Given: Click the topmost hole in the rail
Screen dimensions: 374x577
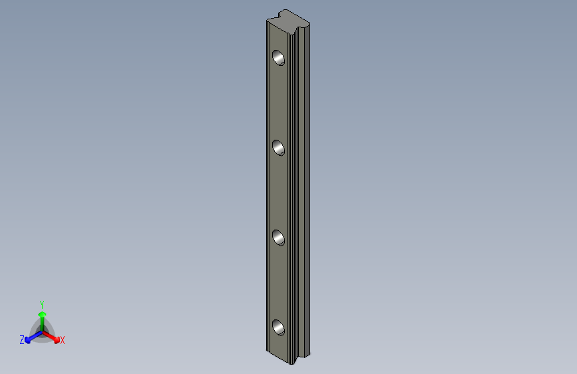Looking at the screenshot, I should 279,58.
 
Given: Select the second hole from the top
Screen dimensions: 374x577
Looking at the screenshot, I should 279,147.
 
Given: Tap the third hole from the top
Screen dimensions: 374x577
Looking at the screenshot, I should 278,237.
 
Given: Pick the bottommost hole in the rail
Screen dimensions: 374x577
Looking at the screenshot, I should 278,327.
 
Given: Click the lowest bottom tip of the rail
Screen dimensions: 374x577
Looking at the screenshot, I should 293,363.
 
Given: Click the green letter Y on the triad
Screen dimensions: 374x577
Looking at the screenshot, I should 41,303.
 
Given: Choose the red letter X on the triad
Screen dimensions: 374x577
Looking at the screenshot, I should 63,341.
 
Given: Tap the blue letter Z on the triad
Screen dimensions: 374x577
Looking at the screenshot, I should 22,340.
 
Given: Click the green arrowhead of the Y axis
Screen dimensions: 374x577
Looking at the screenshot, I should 42,313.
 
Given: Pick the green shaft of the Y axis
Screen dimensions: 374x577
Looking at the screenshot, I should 42,323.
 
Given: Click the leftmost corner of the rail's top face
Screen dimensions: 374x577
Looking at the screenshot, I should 266,21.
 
